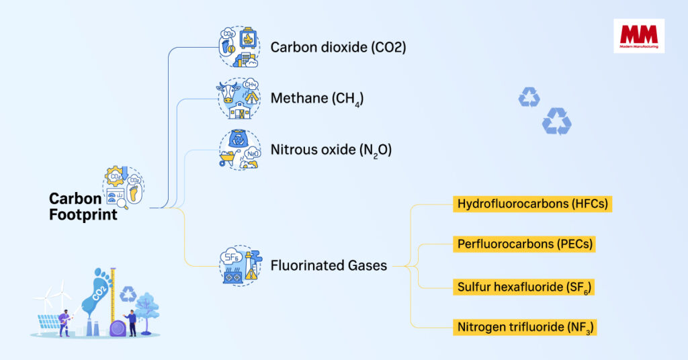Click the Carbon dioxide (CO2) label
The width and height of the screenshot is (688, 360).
point(338,48)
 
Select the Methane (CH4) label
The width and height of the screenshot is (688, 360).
point(317,99)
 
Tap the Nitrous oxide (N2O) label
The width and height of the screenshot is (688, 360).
point(331,150)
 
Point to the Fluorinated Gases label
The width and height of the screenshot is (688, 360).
point(329,265)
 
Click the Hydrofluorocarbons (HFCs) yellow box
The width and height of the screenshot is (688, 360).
point(532,204)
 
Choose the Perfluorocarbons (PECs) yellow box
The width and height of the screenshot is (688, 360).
point(524,244)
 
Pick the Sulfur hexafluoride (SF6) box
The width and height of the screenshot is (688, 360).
point(524,287)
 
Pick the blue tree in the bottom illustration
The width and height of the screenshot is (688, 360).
point(147,306)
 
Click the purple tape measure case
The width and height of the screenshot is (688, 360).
point(118,328)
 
